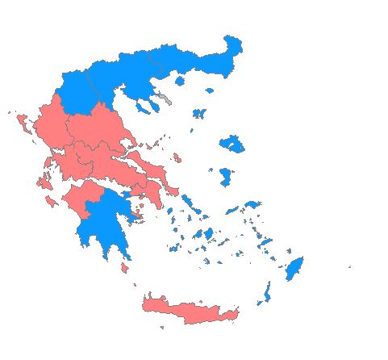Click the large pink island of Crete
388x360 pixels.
pyautogui.click(x=190, y=310)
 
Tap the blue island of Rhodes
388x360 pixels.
pyautogui.click(x=294, y=269)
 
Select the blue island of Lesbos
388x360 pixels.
pyautogui.click(x=233, y=144)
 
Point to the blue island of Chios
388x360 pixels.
pyautogui.click(x=226, y=176)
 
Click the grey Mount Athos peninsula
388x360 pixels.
pyautogui.click(x=165, y=98)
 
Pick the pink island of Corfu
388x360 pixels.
pyautogui.click(x=22, y=123)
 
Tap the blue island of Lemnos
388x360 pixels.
pyautogui.click(x=199, y=114)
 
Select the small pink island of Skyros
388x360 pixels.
pyautogui.click(x=177, y=158)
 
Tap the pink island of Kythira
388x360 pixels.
pyautogui.click(x=124, y=267)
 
